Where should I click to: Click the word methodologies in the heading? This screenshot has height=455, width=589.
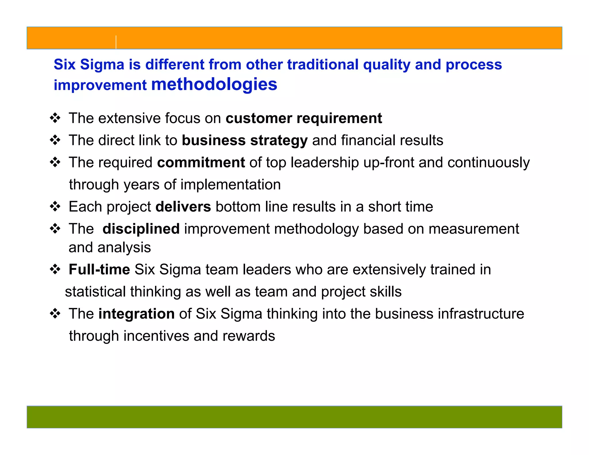coord(214,84)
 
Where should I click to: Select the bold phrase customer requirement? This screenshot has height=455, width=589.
coord(304,118)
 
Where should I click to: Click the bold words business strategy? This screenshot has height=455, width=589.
coord(245,140)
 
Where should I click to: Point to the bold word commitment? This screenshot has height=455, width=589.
coord(201,162)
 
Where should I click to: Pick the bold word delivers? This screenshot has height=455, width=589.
coord(183,207)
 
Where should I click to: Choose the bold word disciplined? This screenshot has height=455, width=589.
coord(141,229)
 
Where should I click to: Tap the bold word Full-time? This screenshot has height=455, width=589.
coord(99,269)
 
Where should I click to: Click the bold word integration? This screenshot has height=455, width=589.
coord(136,314)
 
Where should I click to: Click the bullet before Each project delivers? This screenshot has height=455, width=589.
coord(55,207)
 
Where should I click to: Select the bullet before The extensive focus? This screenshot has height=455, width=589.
coord(55,118)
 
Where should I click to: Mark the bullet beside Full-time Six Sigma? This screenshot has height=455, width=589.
coord(55,269)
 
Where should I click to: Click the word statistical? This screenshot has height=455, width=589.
coord(95,292)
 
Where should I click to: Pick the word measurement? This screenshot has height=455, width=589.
coord(474,229)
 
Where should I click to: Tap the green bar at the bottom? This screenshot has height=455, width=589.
coord(294,417)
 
